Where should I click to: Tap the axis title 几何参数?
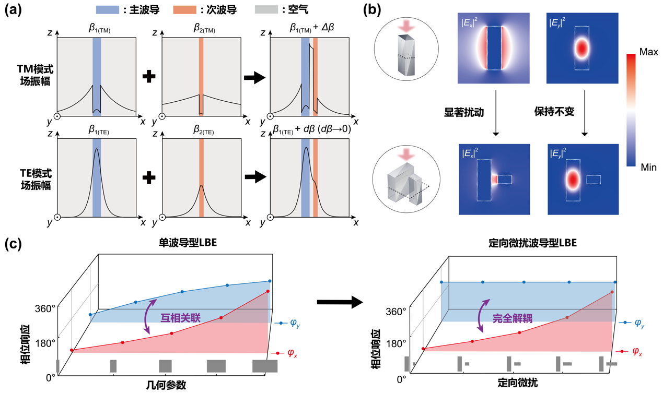(x=166, y=385)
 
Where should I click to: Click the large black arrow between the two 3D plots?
(x=340, y=302)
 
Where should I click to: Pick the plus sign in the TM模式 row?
(x=149, y=76)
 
